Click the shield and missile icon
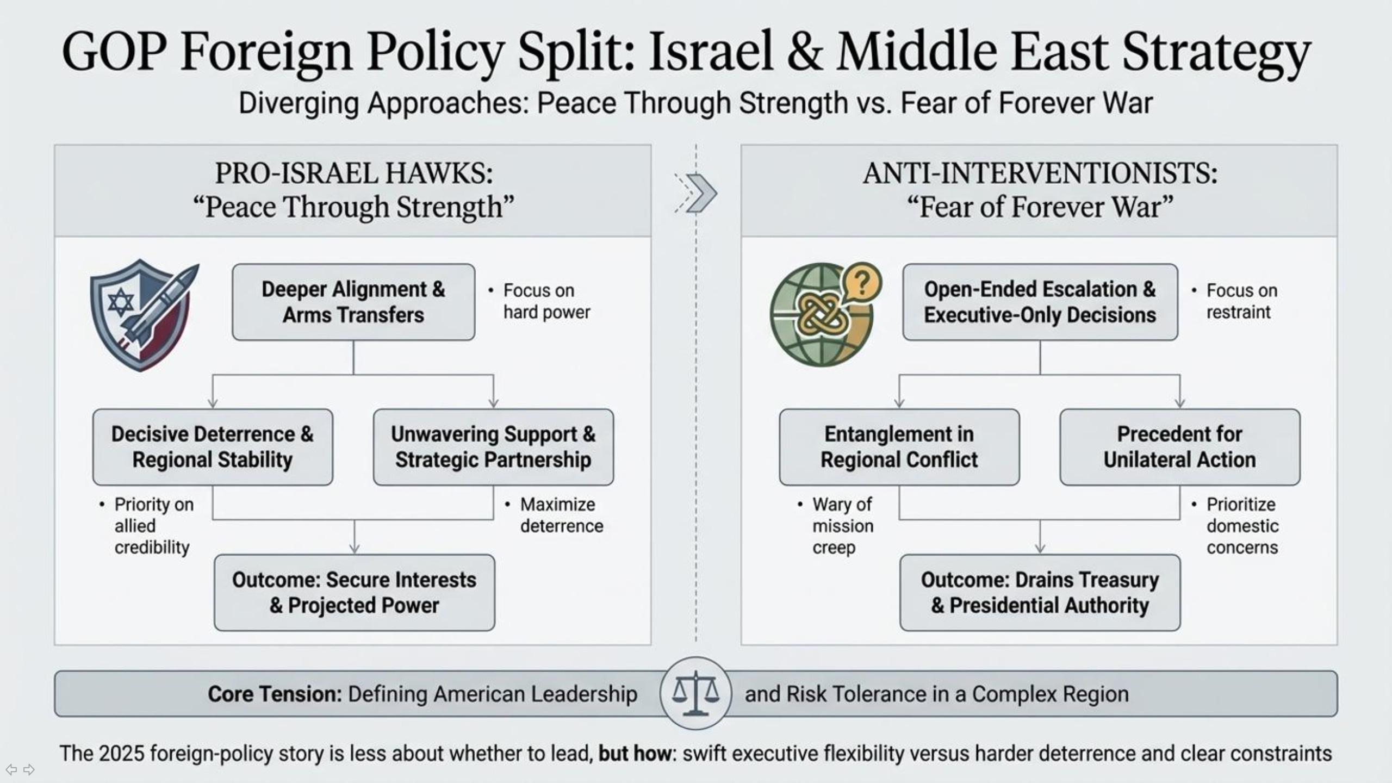142,315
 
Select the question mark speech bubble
861,283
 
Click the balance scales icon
695,693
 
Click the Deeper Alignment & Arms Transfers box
353,302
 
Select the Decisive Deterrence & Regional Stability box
213,447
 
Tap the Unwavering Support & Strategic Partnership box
493,447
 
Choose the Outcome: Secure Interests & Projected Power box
355,592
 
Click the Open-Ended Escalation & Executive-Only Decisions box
1040,302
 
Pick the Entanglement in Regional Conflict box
899,447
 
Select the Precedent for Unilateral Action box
1179,447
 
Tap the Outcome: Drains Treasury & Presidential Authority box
1040,592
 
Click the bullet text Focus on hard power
546,301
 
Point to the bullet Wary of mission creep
842,526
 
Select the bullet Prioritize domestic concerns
1242,526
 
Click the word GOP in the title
114,52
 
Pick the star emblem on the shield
121,302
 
